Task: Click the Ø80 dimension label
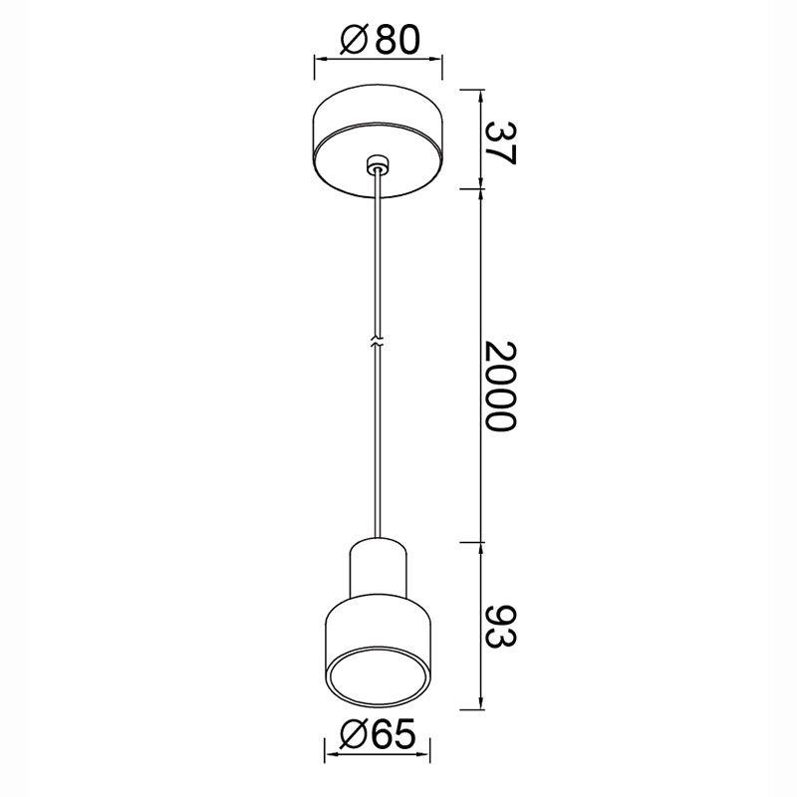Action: click(x=381, y=40)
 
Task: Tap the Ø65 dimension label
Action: click(x=378, y=734)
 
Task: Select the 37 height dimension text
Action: click(x=501, y=143)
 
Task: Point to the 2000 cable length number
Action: click(x=501, y=386)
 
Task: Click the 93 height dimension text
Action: click(x=501, y=627)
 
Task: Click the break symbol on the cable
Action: click(x=378, y=341)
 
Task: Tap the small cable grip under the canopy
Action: click(x=377, y=164)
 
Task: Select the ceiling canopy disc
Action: click(x=379, y=141)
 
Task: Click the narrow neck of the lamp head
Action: click(x=378, y=568)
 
